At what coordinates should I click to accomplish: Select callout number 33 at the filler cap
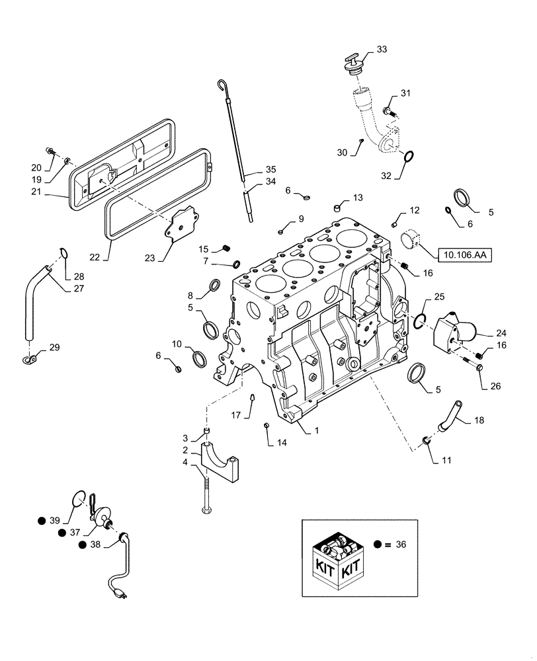click(382, 50)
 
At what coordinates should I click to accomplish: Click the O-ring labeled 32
click(409, 157)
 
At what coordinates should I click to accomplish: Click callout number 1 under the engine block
click(317, 430)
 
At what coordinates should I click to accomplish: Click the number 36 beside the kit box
click(400, 545)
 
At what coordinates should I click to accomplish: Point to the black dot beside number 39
click(42, 521)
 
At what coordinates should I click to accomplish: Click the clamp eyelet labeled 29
click(28, 360)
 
